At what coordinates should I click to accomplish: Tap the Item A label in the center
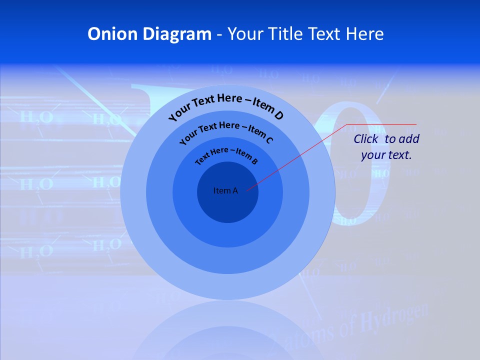[x=225, y=190]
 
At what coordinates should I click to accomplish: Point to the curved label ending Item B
[x=226, y=155]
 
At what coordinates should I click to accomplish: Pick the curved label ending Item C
[x=226, y=131]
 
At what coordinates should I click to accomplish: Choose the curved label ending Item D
[x=226, y=105]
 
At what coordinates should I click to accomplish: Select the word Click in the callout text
[x=366, y=139]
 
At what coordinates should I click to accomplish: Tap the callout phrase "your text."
[x=386, y=155]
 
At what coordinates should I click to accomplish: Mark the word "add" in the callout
[x=409, y=139]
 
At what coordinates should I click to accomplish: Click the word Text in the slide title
[x=323, y=34]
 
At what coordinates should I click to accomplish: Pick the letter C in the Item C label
[x=269, y=140]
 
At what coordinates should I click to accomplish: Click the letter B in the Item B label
[x=254, y=161]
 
